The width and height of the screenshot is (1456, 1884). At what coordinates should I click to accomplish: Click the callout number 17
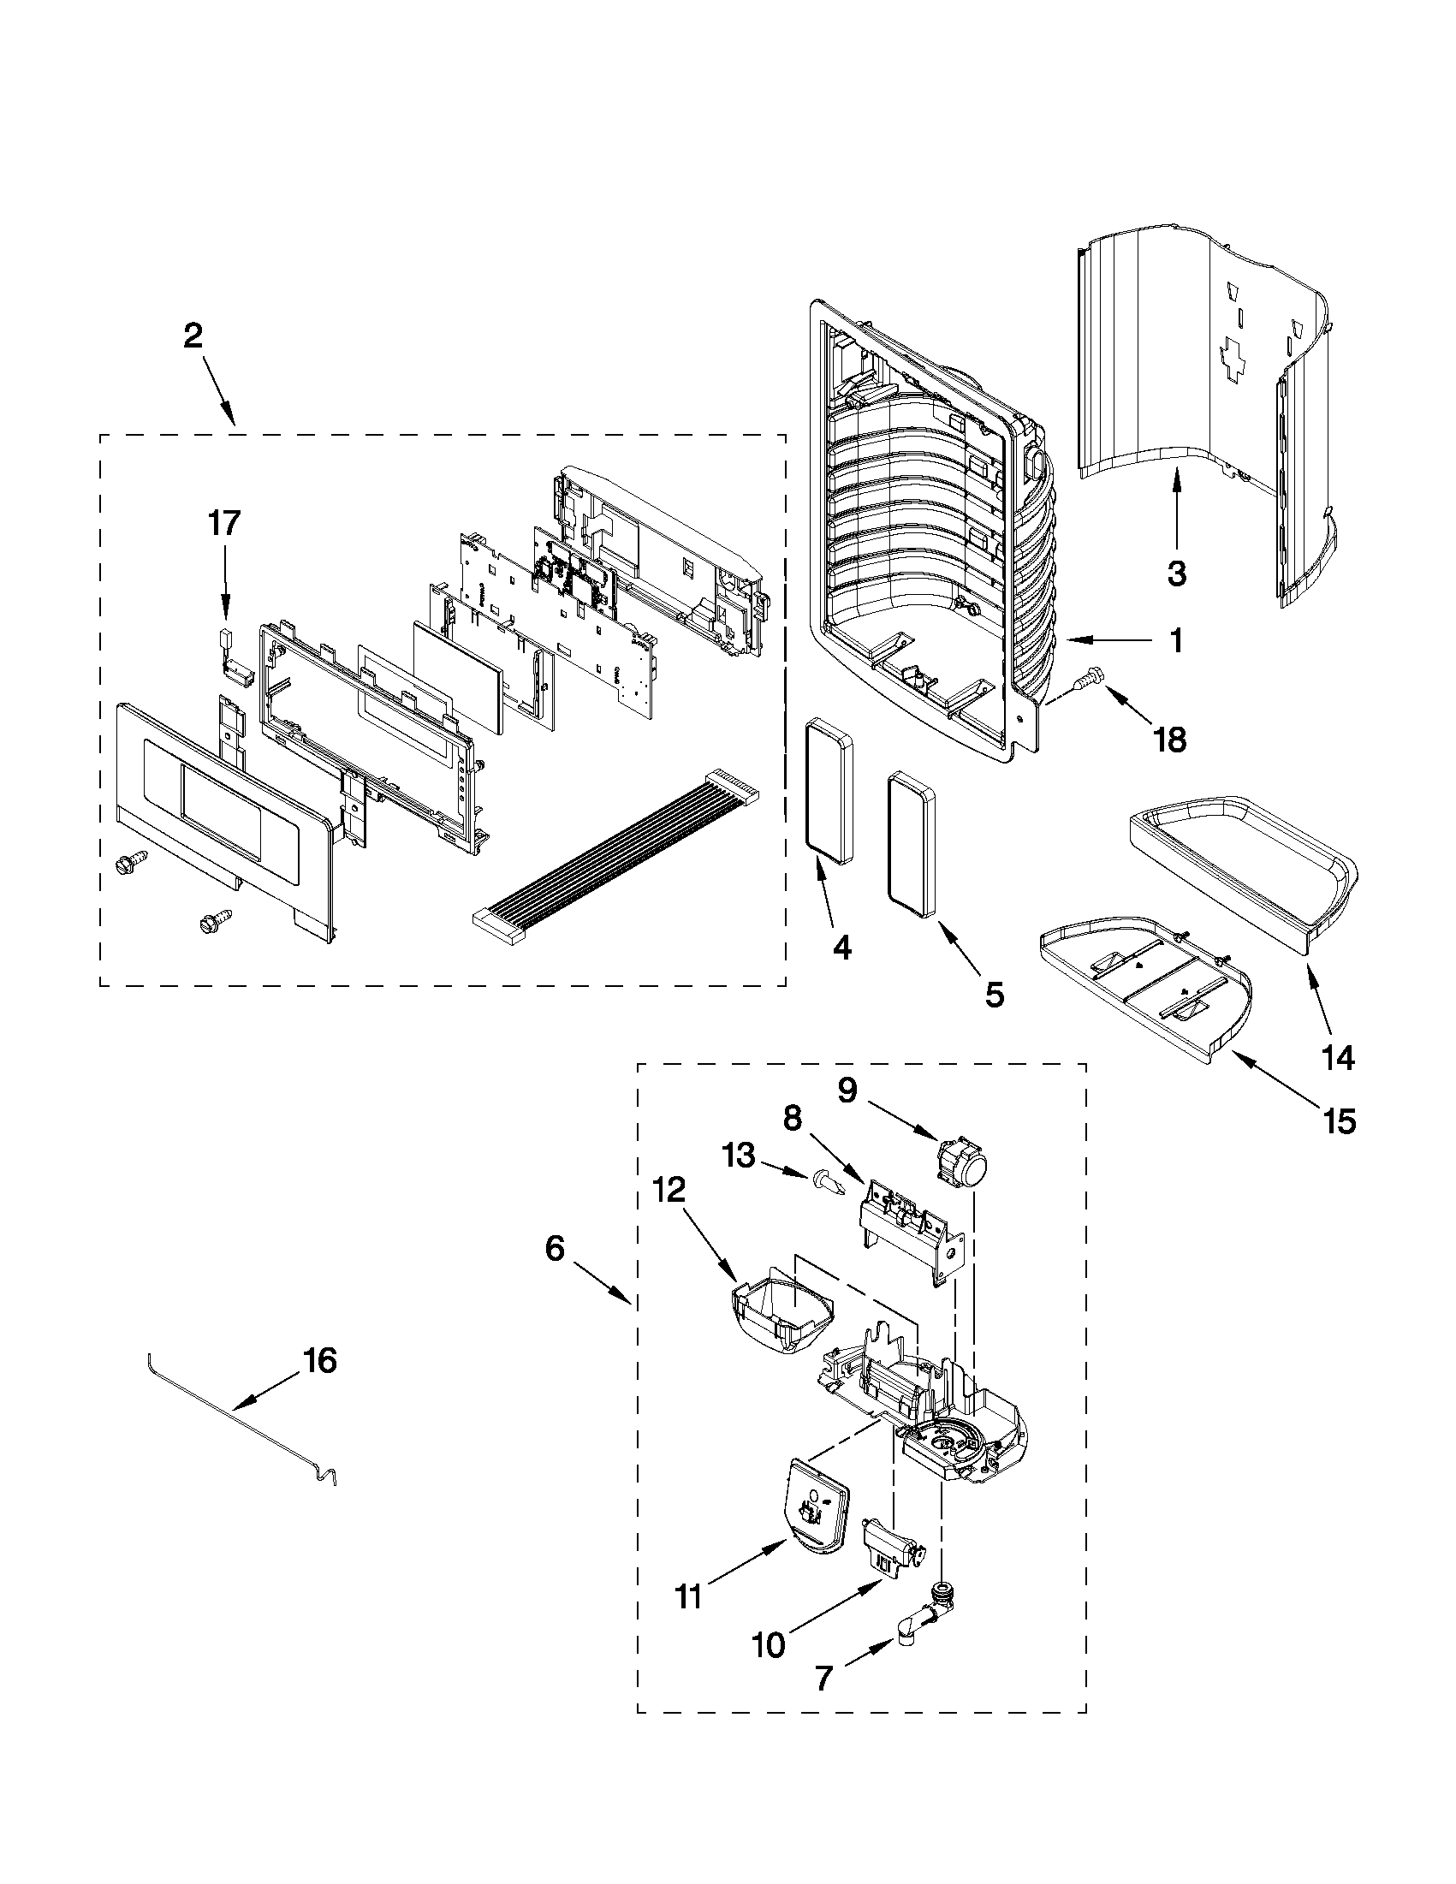click(223, 524)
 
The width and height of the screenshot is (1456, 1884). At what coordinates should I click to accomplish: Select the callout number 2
click(193, 336)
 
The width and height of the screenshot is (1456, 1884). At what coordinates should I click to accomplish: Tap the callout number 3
click(1177, 574)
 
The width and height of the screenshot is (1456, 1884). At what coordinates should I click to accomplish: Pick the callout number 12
click(669, 1190)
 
